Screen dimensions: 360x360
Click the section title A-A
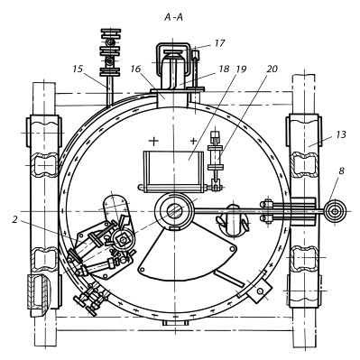pyautogui.click(x=173, y=18)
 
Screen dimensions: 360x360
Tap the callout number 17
pyautogui.click(x=219, y=43)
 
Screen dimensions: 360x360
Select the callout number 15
pyautogui.click(x=78, y=69)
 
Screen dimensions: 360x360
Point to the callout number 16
pyautogui.click(x=135, y=69)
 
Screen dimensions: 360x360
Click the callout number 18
pyautogui.click(x=224, y=69)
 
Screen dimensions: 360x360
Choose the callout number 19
pyautogui.click(x=241, y=69)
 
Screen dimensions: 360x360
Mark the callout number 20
pyautogui.click(x=272, y=69)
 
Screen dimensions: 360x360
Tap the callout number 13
pyautogui.click(x=341, y=134)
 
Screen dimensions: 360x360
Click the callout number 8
pyautogui.click(x=342, y=171)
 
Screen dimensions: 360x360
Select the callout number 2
pyautogui.click(x=14, y=220)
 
